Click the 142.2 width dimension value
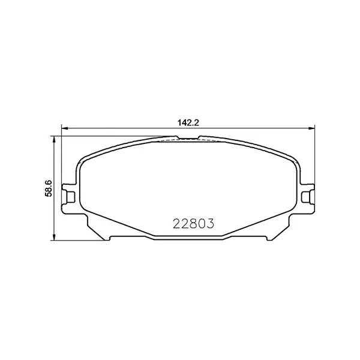[x=188, y=122]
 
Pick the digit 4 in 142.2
[x=183, y=122]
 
